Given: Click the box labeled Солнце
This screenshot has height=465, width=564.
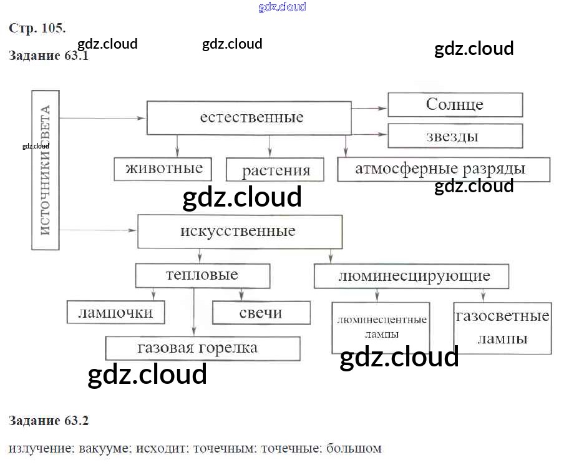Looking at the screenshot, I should (x=455, y=105).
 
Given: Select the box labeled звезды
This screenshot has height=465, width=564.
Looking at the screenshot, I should (x=455, y=136).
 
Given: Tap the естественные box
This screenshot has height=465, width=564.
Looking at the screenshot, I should (x=249, y=118).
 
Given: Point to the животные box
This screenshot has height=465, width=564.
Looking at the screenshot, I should (x=163, y=169).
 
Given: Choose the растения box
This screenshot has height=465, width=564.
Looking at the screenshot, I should (x=276, y=170).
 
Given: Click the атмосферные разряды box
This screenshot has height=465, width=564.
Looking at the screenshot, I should (x=443, y=169).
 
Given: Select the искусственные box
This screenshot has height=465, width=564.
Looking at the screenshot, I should (x=240, y=232).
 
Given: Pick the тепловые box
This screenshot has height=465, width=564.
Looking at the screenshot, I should (x=203, y=275).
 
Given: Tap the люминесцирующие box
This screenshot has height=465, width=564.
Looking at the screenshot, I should (x=411, y=276).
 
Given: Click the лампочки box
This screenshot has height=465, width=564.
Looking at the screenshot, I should (x=116, y=311).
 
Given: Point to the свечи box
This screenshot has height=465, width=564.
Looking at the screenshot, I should (x=261, y=313).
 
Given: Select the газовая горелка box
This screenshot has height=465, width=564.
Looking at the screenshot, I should (x=202, y=348).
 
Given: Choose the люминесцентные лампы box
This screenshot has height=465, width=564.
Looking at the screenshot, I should (x=381, y=327).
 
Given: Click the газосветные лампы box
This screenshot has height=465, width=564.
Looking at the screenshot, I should (x=502, y=328).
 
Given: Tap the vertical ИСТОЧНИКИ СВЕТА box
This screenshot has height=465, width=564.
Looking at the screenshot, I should (x=46, y=170).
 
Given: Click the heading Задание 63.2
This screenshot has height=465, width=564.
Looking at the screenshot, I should (x=49, y=421).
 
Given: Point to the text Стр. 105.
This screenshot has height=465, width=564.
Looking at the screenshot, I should (x=37, y=28).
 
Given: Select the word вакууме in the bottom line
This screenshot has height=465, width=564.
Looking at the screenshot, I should (x=102, y=448).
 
